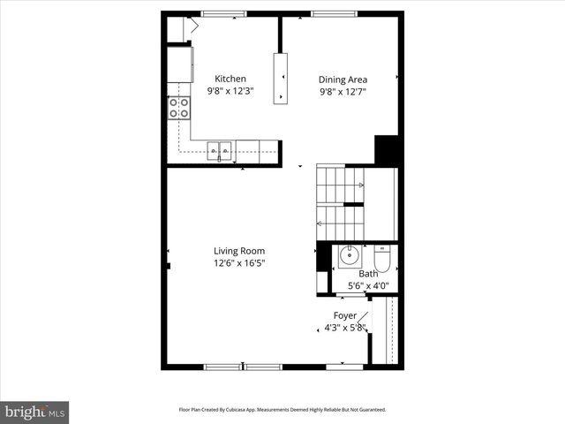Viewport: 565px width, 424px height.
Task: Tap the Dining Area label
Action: click(x=343, y=79)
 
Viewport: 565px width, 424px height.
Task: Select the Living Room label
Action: click(x=238, y=251)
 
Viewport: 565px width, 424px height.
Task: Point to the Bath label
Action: click(x=367, y=274)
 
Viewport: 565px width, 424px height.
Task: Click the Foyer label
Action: click(x=344, y=315)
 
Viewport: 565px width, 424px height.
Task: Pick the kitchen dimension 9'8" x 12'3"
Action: click(x=230, y=90)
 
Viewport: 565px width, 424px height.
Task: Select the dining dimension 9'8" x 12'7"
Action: click(x=343, y=90)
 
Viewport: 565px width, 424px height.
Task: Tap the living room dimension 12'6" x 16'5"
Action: click(x=238, y=262)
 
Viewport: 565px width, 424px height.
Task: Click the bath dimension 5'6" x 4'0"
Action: click(x=367, y=285)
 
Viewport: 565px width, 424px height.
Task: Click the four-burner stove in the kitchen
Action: click(x=179, y=108)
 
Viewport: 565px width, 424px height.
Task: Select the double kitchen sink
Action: click(x=220, y=150)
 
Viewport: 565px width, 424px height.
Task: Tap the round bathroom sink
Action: click(x=349, y=258)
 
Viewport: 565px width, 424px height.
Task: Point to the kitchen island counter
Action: click(x=281, y=78)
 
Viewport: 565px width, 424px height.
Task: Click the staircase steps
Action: click(x=340, y=203)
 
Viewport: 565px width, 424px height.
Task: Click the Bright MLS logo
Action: click(x=35, y=412)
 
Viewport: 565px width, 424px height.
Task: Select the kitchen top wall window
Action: click(x=223, y=13)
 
